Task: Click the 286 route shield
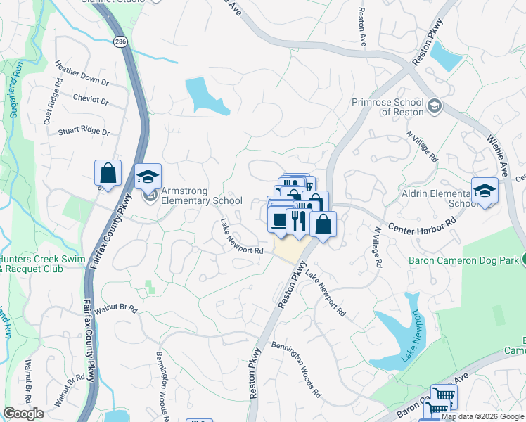(121, 41)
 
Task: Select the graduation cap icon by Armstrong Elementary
(148, 177)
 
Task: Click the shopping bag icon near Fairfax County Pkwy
(108, 172)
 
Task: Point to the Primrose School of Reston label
(388, 107)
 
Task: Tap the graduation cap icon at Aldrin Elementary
(485, 190)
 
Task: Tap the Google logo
(23, 414)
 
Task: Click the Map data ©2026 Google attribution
(483, 416)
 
